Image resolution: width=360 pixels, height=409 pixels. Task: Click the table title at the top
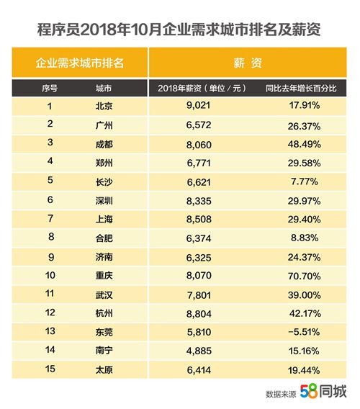pyautogui.click(x=180, y=29)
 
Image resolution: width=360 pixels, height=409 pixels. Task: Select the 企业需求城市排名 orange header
pyautogui.click(x=80, y=63)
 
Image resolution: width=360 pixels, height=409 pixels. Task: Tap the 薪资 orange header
pyautogui.click(x=247, y=63)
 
